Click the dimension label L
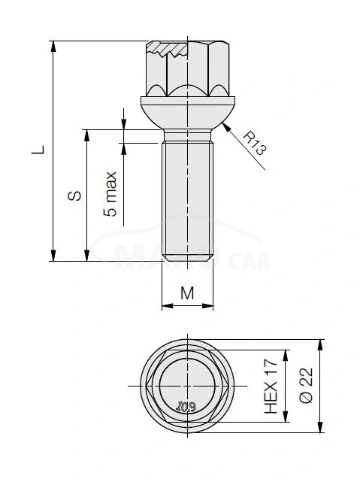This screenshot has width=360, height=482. coord(38,150)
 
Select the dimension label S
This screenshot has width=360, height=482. coord(74,196)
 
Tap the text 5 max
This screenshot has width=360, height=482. coord(111,194)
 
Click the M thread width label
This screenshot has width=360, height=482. coord(187,293)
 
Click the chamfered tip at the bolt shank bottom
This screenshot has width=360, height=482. coord(187,259)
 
